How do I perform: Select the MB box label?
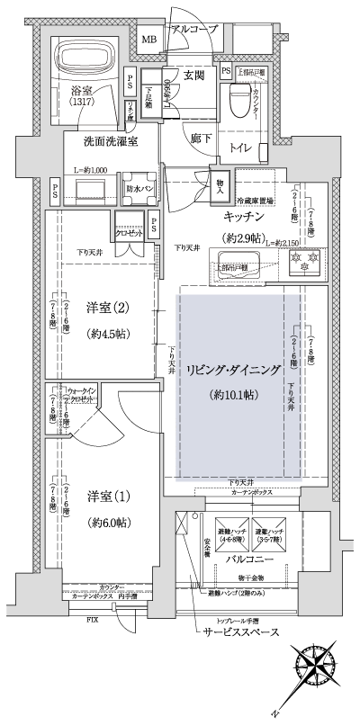pyautogui.click(x=148, y=39)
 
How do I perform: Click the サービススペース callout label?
pyautogui.click(x=239, y=632)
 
